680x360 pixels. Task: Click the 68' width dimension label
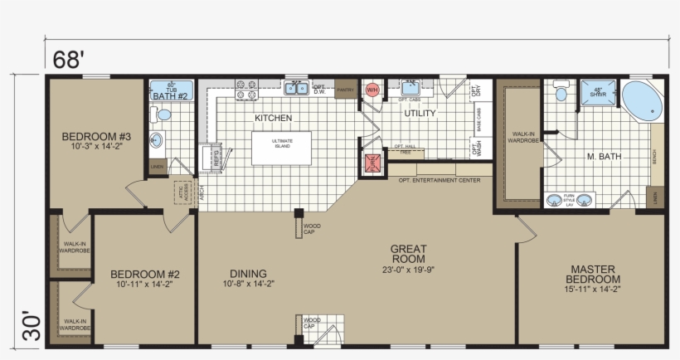[70, 60]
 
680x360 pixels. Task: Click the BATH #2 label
[172, 95]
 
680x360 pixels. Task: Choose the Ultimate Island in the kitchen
[282, 147]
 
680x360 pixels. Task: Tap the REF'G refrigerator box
[211, 157]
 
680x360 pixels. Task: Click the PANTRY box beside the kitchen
[346, 89]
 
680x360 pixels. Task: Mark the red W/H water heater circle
[372, 89]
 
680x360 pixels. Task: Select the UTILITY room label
[420, 114]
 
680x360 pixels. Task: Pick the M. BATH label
[604, 157]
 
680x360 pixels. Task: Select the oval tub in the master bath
[643, 102]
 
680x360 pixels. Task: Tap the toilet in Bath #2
[162, 114]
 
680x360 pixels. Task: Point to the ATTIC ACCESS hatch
[183, 193]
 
